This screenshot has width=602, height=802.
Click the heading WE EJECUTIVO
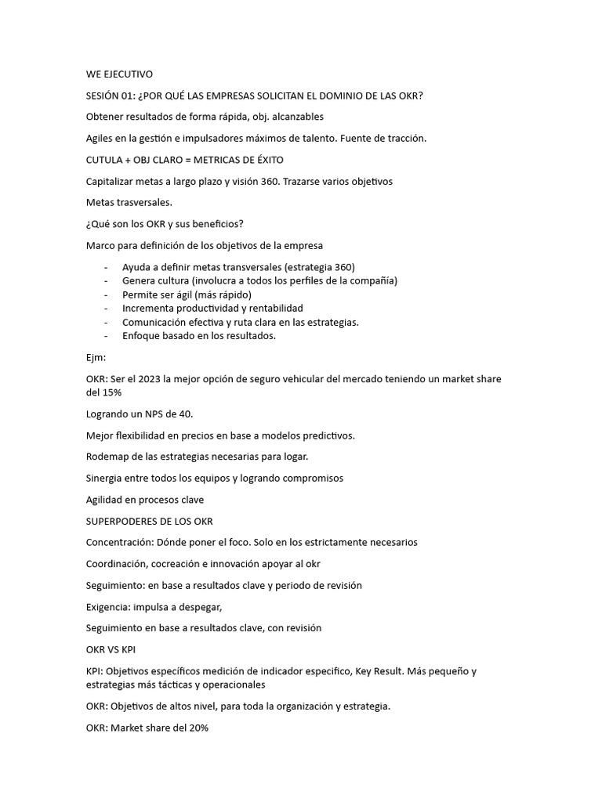coord(119,74)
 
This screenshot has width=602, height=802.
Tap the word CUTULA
coord(107,160)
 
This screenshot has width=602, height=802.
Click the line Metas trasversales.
coord(129,203)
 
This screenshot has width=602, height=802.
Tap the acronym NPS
coord(150,414)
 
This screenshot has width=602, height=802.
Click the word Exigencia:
coord(108,606)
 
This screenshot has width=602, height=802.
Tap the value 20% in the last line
coord(198,728)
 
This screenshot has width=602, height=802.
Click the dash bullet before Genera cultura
coord(106,280)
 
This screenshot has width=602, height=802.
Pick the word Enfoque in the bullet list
coord(142,336)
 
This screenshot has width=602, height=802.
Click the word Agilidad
coord(106,500)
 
